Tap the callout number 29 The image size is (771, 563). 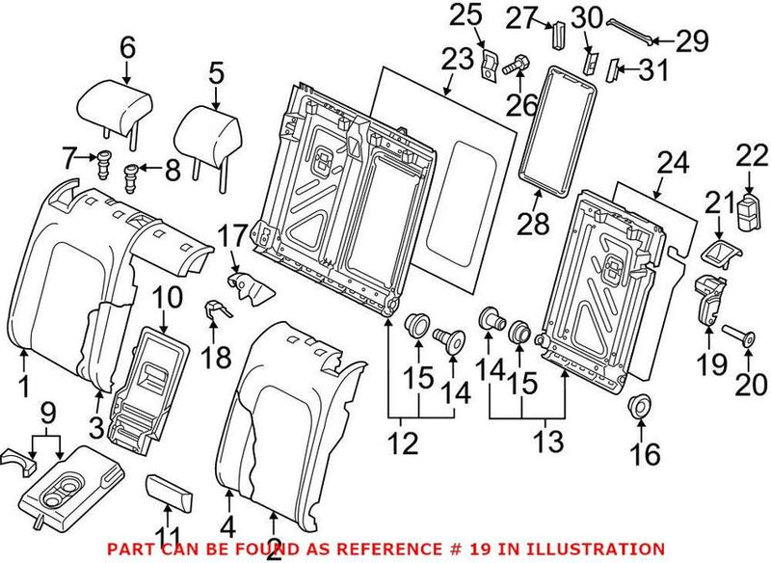click(692, 40)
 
